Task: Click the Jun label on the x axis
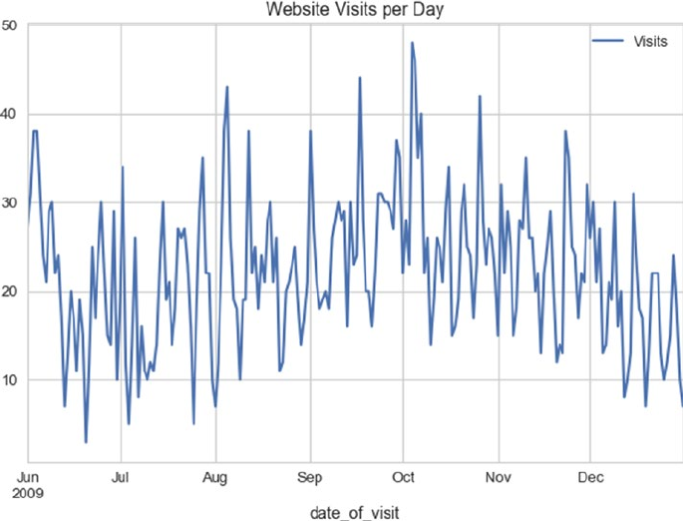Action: pyautogui.click(x=30, y=476)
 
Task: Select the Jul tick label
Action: pyautogui.click(x=121, y=476)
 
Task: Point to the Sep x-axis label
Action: pyautogui.click(x=311, y=476)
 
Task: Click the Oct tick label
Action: pyautogui.click(x=404, y=476)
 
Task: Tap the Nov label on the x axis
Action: pyautogui.click(x=499, y=476)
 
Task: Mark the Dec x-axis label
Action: pyautogui.click(x=591, y=476)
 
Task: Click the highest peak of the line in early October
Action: pyautogui.click(x=412, y=43)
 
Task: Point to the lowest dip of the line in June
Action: pyautogui.click(x=86, y=441)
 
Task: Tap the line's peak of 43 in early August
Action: pyautogui.click(x=227, y=87)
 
